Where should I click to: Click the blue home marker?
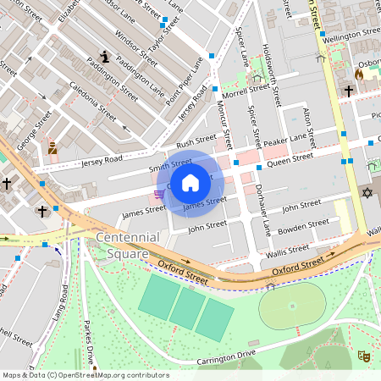click(x=190, y=183)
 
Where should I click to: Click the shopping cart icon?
click(x=159, y=195)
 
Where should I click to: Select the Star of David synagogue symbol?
click(x=367, y=194)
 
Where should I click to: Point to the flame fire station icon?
click(x=359, y=75)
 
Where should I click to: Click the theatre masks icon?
click(x=363, y=356)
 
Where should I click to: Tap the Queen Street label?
click(x=290, y=157)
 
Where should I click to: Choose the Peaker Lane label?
click(x=284, y=141)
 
